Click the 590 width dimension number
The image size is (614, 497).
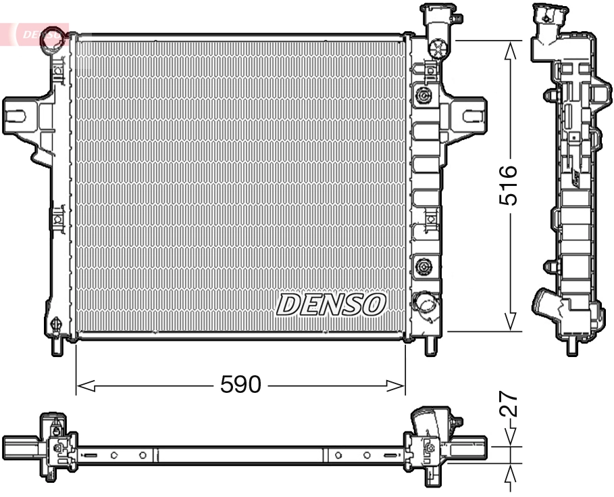coord(240,385)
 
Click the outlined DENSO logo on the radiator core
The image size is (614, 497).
coord(331,305)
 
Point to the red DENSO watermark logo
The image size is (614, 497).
coord(37,34)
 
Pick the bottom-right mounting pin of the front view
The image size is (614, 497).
coord(430,345)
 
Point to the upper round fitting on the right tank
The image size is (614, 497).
coord(424,95)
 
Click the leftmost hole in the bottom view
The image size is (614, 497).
coord(114,454)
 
